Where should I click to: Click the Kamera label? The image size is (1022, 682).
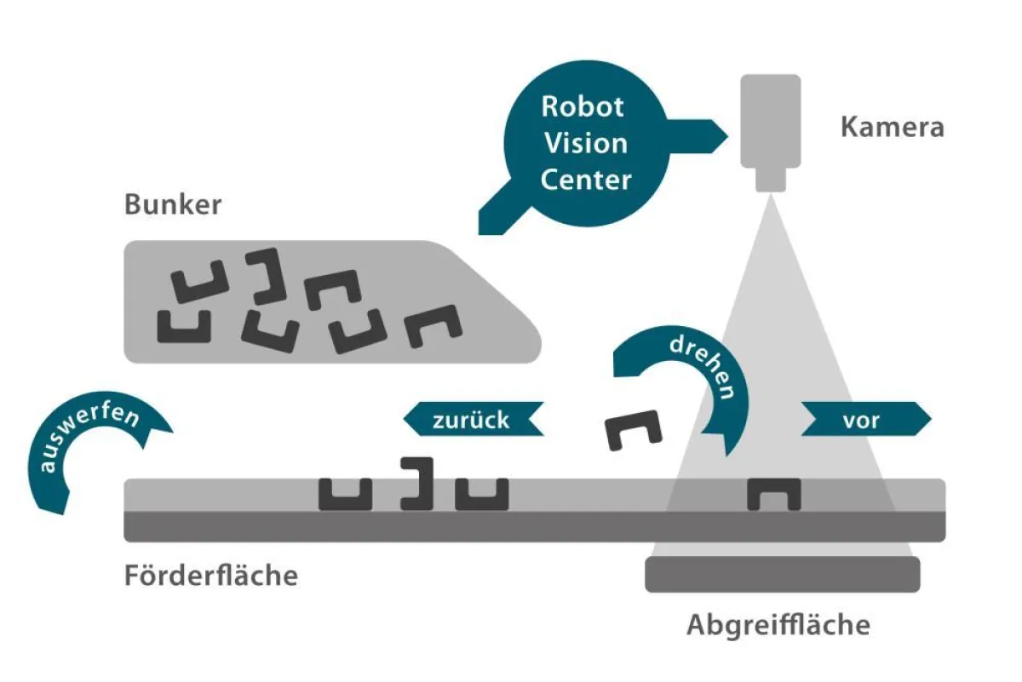pyautogui.click(x=892, y=128)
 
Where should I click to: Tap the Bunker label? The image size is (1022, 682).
pyautogui.click(x=173, y=205)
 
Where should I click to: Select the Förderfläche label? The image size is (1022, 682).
pyautogui.click(x=211, y=576)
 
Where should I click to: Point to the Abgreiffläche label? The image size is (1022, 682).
pyautogui.click(x=778, y=626)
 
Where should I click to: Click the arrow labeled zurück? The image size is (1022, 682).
pyautogui.click(x=473, y=419)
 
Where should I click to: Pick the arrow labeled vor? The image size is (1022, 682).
pyautogui.click(x=865, y=419)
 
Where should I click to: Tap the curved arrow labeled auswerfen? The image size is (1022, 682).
pyautogui.click(x=85, y=451)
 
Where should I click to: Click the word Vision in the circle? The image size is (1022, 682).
pyautogui.click(x=586, y=143)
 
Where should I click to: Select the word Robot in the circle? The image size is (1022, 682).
pyautogui.click(x=583, y=106)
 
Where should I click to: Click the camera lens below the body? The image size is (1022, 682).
pyautogui.click(x=770, y=179)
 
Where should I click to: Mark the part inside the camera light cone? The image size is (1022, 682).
pyautogui.click(x=773, y=494)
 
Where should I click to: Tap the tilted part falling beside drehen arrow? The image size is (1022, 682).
pyautogui.click(x=634, y=430)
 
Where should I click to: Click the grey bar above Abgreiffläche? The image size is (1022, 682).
pyautogui.click(x=782, y=574)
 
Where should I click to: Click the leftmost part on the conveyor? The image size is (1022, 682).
pyautogui.click(x=346, y=494)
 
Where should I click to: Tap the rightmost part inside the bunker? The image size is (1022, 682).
pyautogui.click(x=433, y=326)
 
